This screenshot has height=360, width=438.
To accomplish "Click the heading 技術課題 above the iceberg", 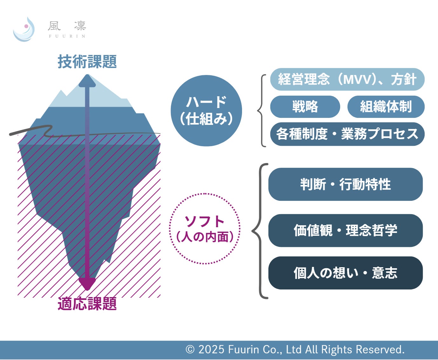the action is pos(87,62).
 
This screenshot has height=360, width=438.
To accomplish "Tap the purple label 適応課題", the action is pos(87,304).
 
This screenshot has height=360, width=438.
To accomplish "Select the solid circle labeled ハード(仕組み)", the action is pos(206,111).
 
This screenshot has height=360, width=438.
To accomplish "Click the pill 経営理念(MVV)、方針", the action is pos(347,79).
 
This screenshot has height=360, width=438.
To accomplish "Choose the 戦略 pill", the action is pos(305,106).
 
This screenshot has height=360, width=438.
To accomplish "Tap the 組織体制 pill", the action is pos(386,106).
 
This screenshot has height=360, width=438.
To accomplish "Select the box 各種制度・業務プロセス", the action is pos(347,134).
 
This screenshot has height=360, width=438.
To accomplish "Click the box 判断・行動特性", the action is pos(346,184).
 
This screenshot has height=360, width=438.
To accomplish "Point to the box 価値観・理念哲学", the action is pos(346,230).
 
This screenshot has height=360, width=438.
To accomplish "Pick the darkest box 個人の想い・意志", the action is pos(346,273).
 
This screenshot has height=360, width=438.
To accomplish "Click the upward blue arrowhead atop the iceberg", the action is pos(87,81).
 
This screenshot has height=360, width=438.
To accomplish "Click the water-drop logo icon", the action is pos(24,30).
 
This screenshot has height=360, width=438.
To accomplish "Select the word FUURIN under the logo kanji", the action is pos(67,36).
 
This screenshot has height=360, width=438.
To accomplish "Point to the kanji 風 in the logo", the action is pos(54,26).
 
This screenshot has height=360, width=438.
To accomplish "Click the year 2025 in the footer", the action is pos(211,349).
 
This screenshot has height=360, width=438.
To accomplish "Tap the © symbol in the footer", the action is pos(190,350).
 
